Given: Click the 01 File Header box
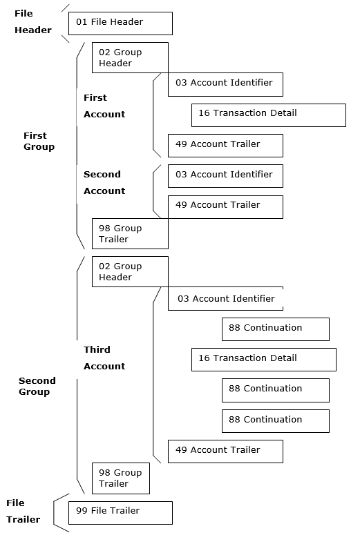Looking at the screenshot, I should click(x=120, y=23).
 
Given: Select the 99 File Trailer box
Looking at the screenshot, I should click(x=120, y=512).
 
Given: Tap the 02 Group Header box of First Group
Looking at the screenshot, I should click(x=130, y=57).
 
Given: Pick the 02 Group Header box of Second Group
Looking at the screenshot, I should click(x=130, y=271).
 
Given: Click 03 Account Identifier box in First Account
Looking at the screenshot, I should click(x=225, y=84).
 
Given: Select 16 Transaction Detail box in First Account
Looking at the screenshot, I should click(x=268, y=115).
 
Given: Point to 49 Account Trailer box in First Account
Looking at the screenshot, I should click(x=225, y=145).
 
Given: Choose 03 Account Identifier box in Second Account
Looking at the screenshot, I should click(x=225, y=175).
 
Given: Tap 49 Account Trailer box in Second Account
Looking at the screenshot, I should click(x=225, y=206).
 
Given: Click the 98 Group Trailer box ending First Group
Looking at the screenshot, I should click(x=130, y=233).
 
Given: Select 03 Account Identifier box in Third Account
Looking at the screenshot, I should click(x=225, y=299).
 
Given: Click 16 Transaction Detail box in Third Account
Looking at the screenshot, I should click(x=263, y=359).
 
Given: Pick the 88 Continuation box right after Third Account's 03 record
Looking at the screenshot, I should click(x=275, y=329).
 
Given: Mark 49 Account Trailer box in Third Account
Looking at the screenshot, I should click(x=225, y=451).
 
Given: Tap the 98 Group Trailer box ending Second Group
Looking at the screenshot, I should click(x=120, y=478).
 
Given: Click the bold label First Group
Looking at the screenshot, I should click(x=39, y=141).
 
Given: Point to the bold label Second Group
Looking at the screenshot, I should click(x=37, y=386).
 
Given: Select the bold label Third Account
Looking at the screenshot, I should click(x=104, y=358).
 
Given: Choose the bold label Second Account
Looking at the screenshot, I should click(x=104, y=182).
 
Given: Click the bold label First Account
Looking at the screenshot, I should click(x=104, y=106).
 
